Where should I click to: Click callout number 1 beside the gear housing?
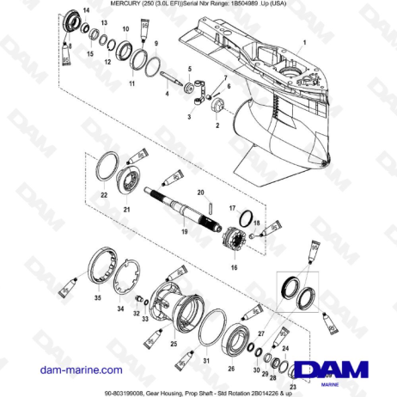pos(302,43)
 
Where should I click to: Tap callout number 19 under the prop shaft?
pos(182,233)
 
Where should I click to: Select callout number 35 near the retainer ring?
pos(97,297)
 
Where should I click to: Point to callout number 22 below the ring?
pos(104,196)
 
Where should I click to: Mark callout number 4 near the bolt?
pos(166,94)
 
